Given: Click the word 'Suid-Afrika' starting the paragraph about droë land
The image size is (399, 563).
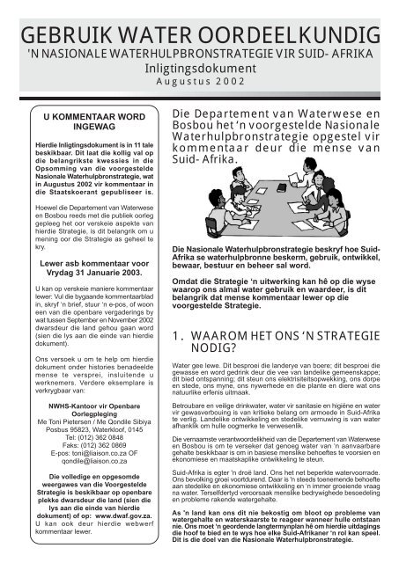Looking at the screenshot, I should pyautogui.click(x=191, y=472).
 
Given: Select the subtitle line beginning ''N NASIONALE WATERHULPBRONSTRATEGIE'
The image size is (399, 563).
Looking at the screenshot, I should pyautogui.click(x=199, y=55).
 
